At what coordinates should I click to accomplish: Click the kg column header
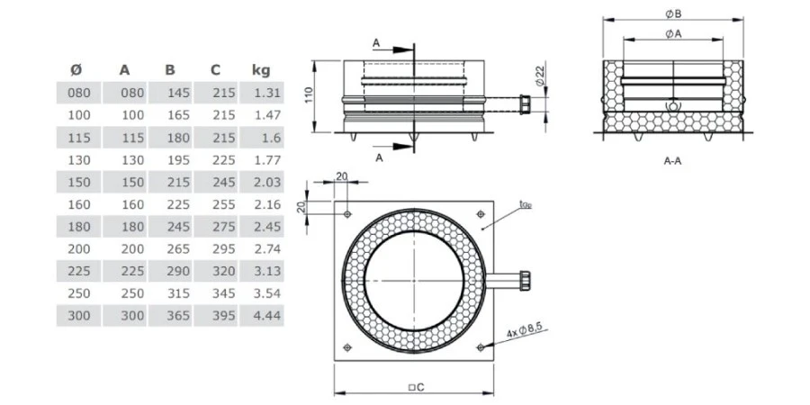(261, 69)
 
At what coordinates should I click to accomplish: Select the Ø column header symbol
(77, 69)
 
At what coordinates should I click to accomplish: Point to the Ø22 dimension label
(538, 77)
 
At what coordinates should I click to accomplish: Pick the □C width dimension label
(415, 387)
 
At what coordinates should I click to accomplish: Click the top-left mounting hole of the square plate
(347, 214)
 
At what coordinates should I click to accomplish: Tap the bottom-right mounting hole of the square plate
(481, 347)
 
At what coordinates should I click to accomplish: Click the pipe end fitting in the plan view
(522, 280)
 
